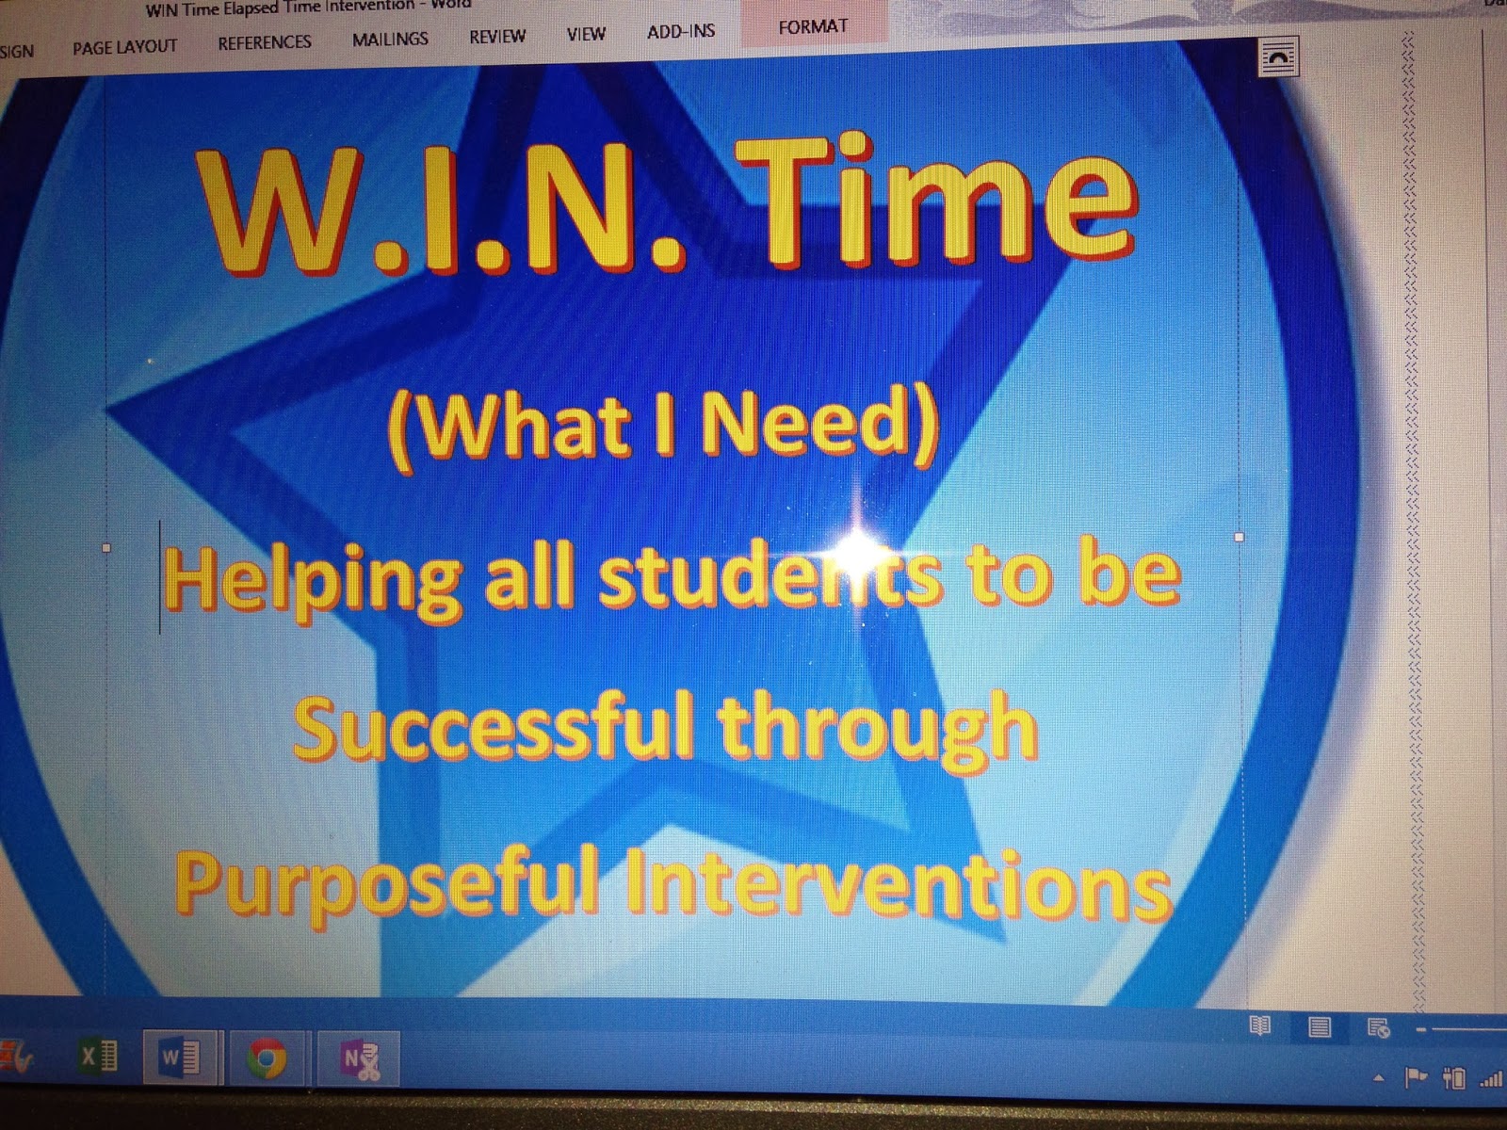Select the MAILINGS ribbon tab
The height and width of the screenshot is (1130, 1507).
pyautogui.click(x=390, y=40)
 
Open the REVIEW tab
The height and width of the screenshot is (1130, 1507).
pyautogui.click(x=497, y=37)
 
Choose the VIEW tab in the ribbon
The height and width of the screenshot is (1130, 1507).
pyautogui.click(x=585, y=35)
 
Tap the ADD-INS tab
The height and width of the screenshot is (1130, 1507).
pyautogui.click(x=681, y=31)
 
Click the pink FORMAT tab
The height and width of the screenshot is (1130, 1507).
pyautogui.click(x=813, y=27)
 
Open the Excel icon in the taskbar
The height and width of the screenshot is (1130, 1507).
pyautogui.click(x=98, y=1056)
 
